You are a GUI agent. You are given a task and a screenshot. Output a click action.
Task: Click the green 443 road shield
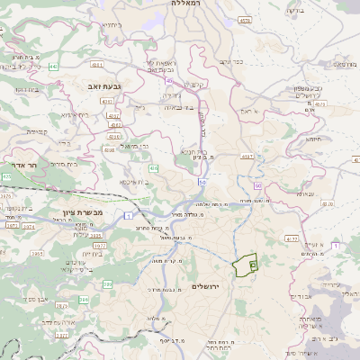pyautogui.click(x=54, y=67)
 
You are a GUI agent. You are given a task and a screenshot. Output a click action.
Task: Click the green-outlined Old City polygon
pyautogui.click(x=245, y=266)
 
